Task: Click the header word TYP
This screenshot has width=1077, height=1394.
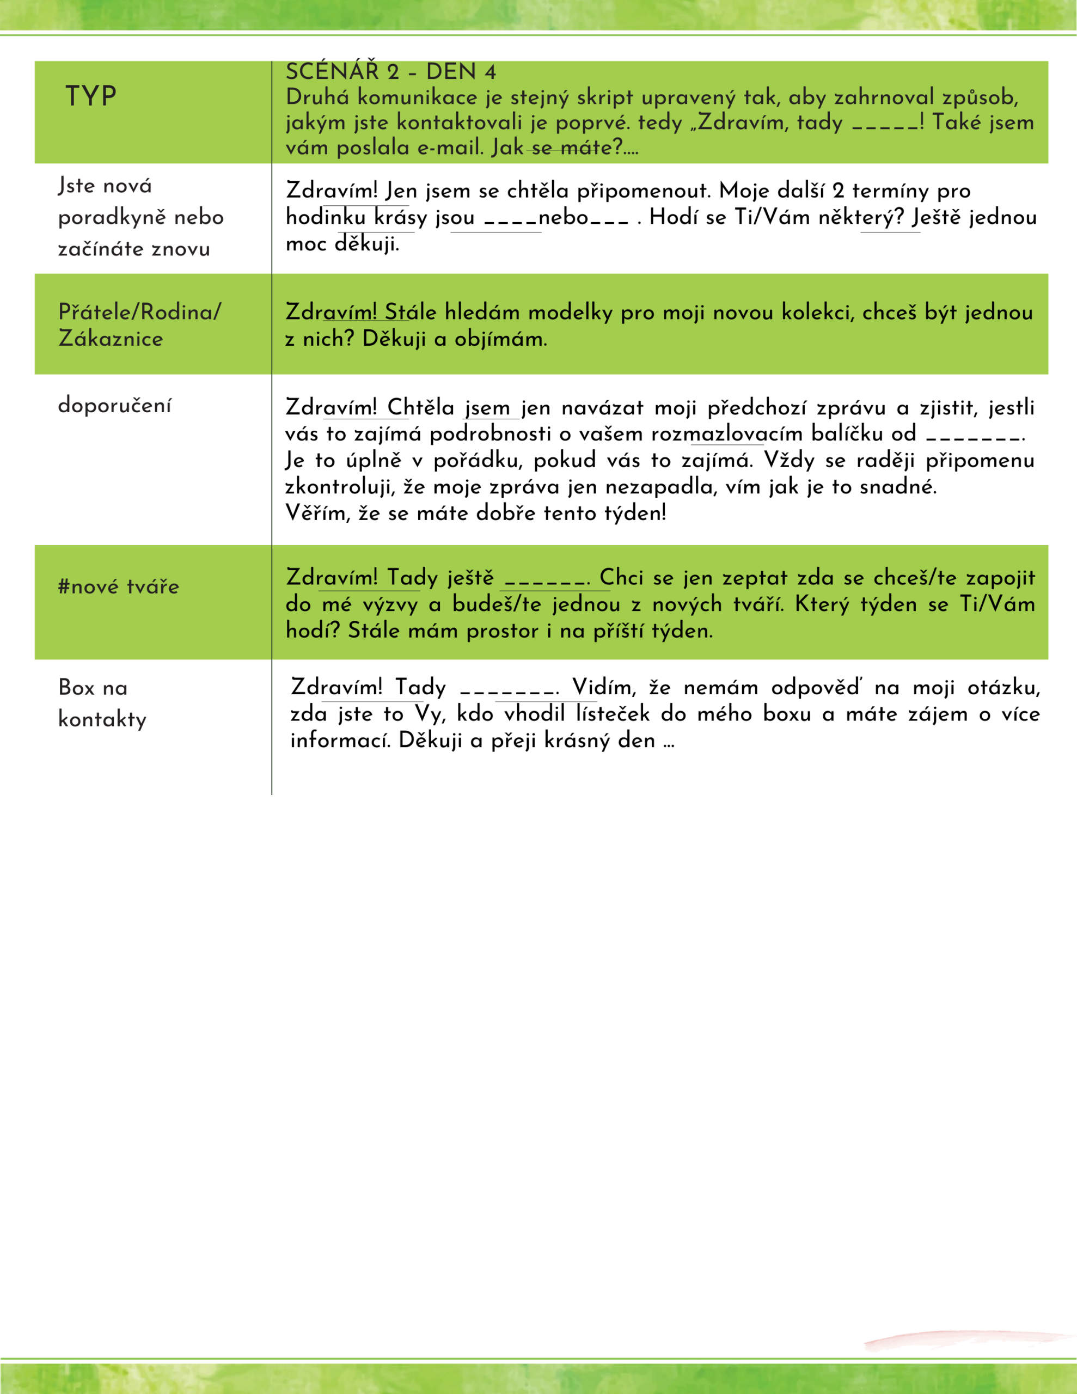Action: coord(90,97)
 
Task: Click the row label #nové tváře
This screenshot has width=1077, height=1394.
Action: coord(119,586)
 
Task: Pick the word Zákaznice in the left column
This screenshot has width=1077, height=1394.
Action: coord(111,338)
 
